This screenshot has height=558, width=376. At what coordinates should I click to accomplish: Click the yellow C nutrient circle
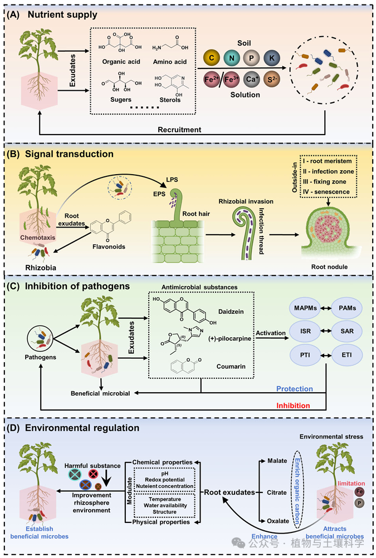point(212,57)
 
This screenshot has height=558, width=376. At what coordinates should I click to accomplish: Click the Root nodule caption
point(330,266)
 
